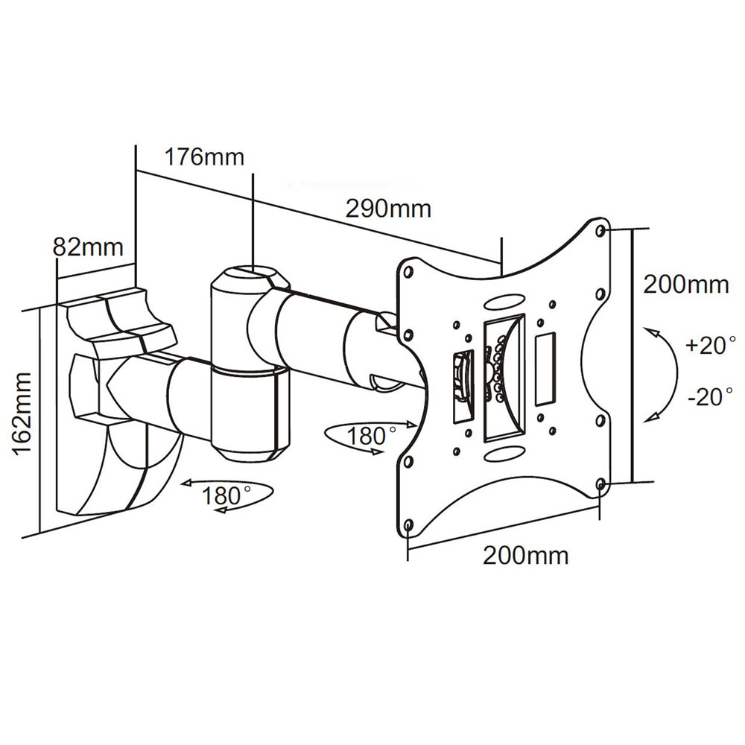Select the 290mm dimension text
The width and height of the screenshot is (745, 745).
[x=388, y=209]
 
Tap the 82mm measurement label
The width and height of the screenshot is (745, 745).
[x=87, y=247]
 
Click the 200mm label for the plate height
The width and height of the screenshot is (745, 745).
[x=685, y=285]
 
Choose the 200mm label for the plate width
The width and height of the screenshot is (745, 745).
[x=526, y=555]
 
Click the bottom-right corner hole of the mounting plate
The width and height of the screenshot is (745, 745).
[x=600, y=485]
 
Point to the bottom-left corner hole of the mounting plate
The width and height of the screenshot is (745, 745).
[x=408, y=526]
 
